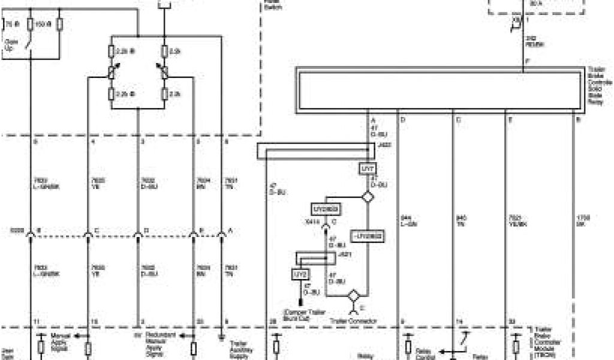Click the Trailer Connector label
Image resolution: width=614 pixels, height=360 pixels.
coord(354,322)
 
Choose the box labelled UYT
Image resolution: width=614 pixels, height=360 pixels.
coord(368,170)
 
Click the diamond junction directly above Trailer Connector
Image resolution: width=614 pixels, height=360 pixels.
coord(354,296)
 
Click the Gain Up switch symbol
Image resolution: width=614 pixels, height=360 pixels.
coord(31,44)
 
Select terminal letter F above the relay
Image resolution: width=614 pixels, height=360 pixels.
coord(526,62)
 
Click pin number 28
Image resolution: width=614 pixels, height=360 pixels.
coord(272,322)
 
